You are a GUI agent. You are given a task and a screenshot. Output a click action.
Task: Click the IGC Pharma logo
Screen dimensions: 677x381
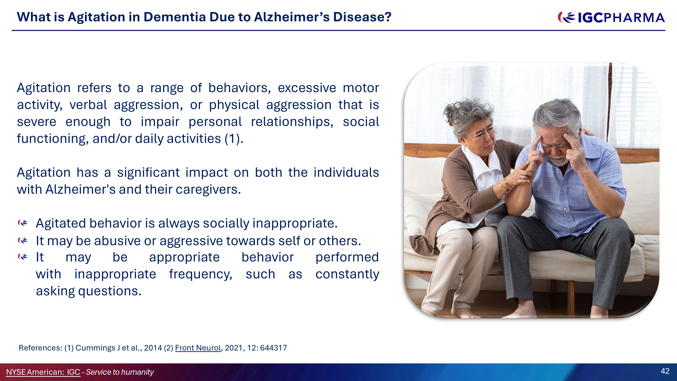click(611, 18)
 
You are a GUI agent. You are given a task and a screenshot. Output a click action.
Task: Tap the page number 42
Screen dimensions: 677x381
click(665, 371)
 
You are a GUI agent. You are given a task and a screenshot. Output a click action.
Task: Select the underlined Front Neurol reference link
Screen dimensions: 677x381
click(198, 348)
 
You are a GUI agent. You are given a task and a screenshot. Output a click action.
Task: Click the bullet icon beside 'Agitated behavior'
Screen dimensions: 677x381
click(23, 223)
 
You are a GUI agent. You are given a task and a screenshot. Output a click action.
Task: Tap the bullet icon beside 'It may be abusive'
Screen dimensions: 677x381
click(23, 240)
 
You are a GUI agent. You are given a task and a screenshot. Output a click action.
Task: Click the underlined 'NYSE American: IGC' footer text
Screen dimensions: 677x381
click(43, 372)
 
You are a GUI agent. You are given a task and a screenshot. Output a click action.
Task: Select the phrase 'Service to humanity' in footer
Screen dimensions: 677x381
click(120, 372)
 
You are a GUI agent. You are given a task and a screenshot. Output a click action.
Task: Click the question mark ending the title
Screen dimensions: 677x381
click(388, 17)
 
